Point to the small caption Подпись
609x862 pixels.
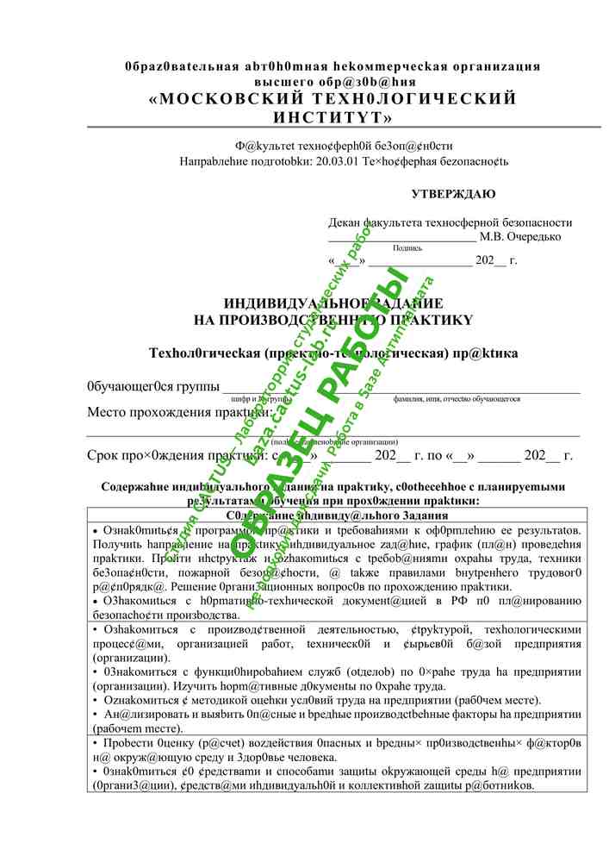(407, 247)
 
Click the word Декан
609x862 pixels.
(344, 222)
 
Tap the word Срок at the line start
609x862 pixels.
(105, 455)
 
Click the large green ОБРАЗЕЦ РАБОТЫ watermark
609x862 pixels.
(336, 414)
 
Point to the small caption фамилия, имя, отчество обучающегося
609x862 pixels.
(456, 399)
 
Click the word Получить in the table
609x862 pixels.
(118, 545)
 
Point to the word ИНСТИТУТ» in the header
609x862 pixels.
(332, 116)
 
